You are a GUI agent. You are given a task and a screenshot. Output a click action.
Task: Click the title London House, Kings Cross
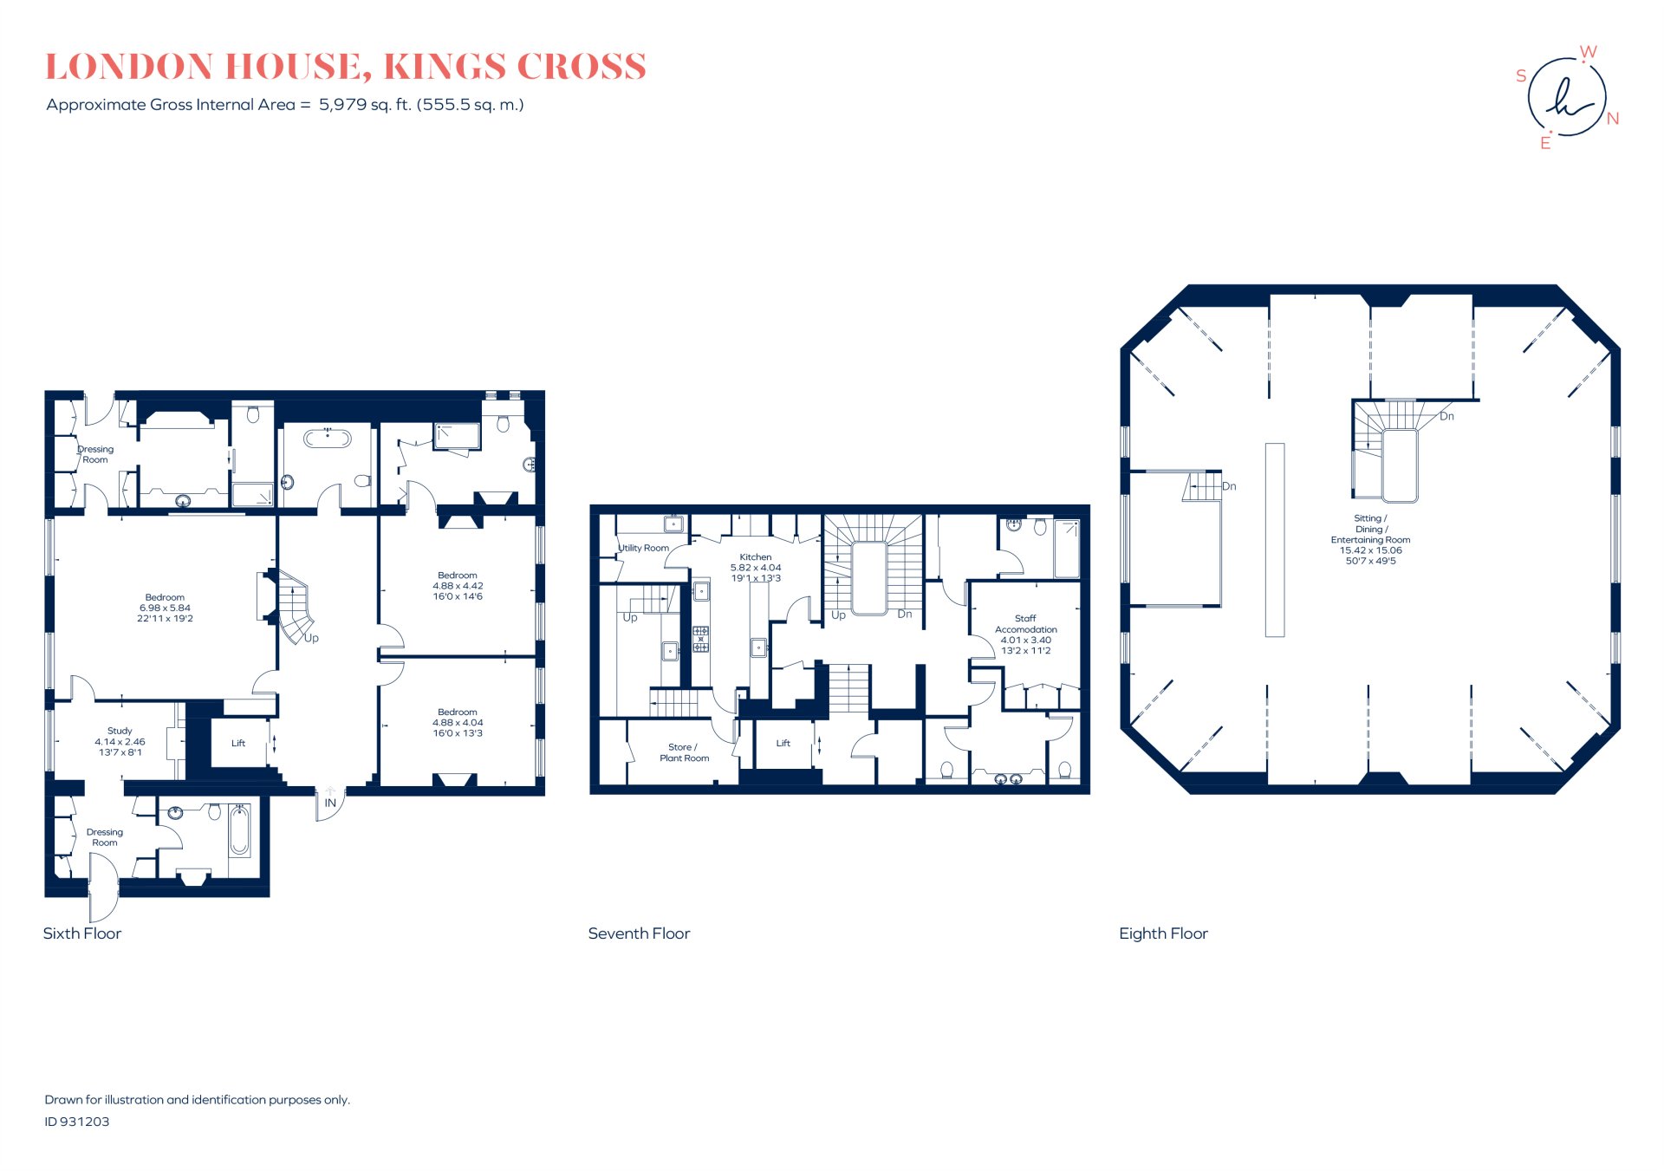click(345, 67)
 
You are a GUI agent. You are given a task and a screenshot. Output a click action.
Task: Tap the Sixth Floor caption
click(82, 934)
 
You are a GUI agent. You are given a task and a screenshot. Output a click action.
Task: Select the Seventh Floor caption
click(639, 934)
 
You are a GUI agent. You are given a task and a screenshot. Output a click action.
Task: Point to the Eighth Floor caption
click(1163, 934)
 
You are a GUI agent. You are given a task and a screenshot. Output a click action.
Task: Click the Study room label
click(120, 741)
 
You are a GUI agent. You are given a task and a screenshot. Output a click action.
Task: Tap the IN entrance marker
click(330, 803)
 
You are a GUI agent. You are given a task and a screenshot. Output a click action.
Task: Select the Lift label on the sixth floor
click(238, 743)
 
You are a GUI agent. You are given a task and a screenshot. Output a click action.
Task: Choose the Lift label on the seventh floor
click(783, 743)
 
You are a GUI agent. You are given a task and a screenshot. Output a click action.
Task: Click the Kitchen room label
click(756, 567)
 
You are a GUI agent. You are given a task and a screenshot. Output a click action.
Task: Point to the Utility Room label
click(644, 548)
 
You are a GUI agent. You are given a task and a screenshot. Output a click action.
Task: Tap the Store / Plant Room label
click(684, 752)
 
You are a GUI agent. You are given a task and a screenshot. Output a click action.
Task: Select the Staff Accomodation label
click(1025, 634)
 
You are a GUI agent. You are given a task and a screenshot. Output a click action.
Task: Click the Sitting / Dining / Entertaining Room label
click(1370, 539)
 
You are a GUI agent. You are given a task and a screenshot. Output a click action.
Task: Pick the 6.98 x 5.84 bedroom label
click(165, 608)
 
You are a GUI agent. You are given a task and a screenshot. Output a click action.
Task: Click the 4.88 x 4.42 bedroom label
click(458, 585)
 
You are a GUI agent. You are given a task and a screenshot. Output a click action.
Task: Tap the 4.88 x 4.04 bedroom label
click(458, 722)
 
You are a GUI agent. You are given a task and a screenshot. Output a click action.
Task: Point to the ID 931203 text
click(77, 1122)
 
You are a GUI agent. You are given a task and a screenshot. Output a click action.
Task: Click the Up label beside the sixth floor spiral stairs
click(311, 638)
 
